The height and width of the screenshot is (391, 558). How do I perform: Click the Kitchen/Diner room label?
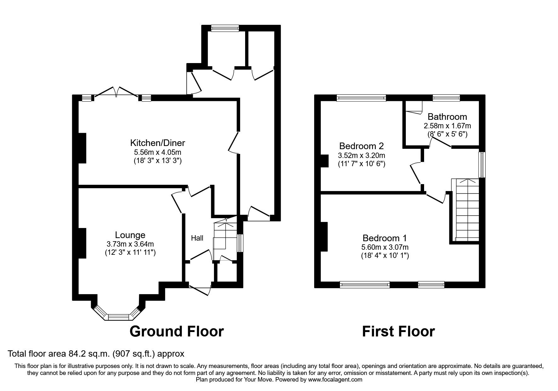158,143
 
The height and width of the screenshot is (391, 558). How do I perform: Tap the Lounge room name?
130,235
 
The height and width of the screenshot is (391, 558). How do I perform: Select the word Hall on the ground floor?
197,238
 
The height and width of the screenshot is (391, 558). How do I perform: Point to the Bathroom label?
447,117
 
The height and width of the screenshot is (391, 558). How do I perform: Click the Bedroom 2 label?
361,146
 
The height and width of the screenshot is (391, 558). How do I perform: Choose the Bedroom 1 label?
385,238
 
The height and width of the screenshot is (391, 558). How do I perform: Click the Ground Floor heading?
177,331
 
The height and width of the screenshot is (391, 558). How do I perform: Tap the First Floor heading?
398,331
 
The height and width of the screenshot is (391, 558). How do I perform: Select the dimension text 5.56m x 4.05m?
158,152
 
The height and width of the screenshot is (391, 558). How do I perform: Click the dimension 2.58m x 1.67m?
447,126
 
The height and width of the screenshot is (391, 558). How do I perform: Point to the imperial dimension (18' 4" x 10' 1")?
385,256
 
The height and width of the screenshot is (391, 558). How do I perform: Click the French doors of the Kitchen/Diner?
116,93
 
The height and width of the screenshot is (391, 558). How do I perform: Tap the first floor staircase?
465,210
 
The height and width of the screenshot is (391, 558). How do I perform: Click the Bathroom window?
446,98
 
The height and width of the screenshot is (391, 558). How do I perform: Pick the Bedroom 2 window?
361,98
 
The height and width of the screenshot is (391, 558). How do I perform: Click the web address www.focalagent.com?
335,380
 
